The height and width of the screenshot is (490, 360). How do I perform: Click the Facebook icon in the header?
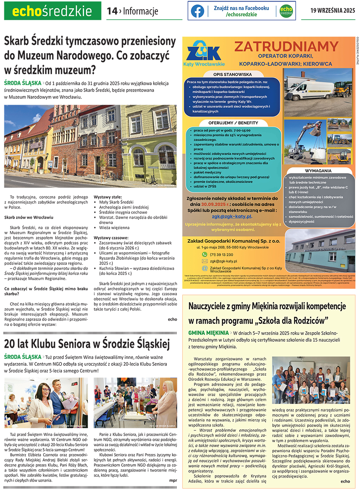[197, 11]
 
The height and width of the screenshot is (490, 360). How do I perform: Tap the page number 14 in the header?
[111, 11]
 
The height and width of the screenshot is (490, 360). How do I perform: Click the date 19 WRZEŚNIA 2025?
[333, 11]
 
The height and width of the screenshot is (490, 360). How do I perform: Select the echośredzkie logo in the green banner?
[52, 11]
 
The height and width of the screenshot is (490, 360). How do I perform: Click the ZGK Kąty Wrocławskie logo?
[203, 54]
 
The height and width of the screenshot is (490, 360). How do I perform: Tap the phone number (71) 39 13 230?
[222, 254]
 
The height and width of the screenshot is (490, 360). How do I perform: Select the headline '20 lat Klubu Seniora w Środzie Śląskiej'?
[87, 343]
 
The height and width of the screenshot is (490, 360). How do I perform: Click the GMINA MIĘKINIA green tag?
[207, 333]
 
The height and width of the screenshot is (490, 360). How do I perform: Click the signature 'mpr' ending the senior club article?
[173, 480]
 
